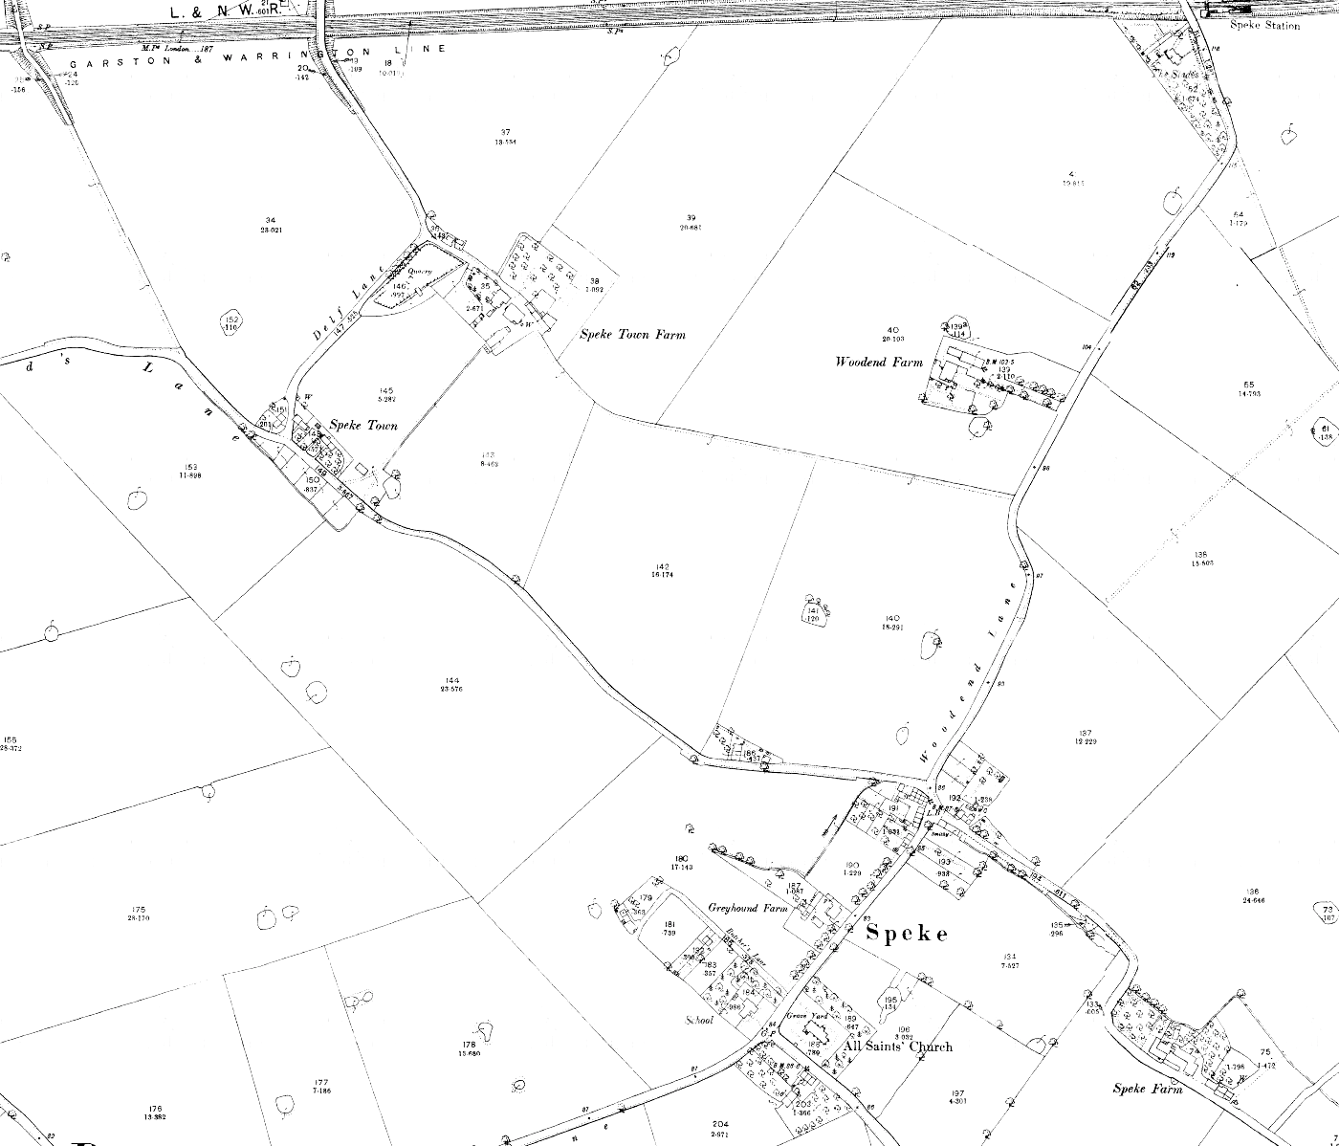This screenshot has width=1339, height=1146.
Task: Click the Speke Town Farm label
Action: tap(632, 335)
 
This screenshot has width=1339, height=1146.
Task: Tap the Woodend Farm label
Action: tap(879, 362)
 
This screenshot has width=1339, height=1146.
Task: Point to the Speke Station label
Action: tap(1268, 26)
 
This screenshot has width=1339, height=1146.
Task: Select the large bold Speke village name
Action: tap(907, 934)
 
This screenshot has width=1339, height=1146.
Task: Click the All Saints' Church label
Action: tap(898, 1047)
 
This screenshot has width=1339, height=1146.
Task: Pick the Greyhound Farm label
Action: tap(747, 908)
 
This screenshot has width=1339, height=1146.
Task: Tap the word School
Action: tap(698, 1020)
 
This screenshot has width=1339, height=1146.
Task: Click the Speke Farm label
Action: tap(1148, 1089)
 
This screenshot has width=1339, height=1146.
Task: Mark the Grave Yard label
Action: tap(799, 1016)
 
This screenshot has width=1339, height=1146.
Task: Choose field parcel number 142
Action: tap(663, 566)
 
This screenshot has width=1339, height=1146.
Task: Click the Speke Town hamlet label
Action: tap(363, 425)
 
